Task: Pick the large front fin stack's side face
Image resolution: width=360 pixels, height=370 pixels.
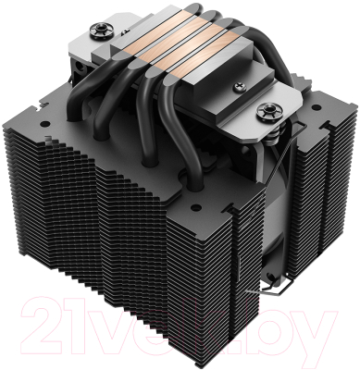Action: (x=120, y=231)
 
